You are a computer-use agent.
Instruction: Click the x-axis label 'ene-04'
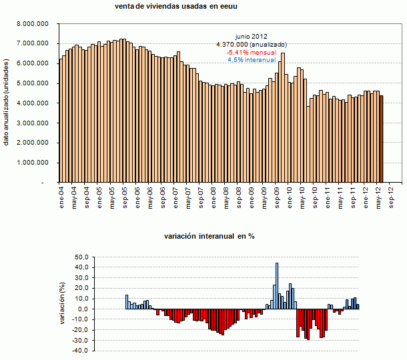point(61,195)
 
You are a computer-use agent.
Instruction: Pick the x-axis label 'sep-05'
point(125,195)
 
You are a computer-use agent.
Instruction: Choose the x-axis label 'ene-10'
point(290,195)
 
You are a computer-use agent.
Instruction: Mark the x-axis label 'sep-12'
point(392,195)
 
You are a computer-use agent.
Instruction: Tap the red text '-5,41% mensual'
point(251,51)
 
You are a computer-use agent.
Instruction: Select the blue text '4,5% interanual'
point(251,59)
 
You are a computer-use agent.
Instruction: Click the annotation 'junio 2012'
point(251,36)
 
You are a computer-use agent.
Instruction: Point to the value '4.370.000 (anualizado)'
point(251,44)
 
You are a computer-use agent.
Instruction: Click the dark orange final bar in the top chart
point(382,139)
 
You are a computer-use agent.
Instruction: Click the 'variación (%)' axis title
point(63,304)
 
